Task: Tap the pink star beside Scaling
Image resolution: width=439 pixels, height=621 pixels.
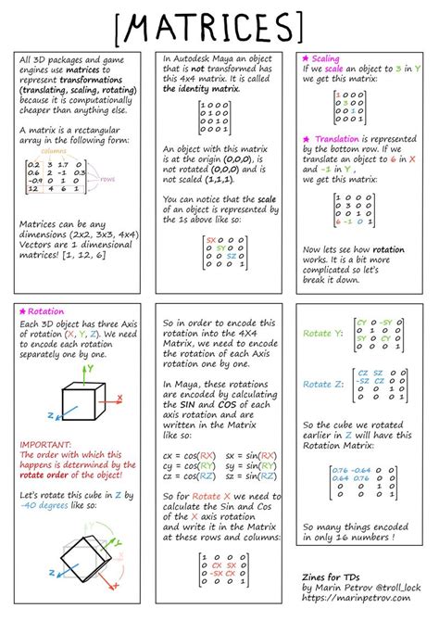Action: click(306, 58)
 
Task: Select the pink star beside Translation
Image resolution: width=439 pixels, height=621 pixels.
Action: click(306, 138)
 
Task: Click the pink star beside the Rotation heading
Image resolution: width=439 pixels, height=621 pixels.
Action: click(22, 312)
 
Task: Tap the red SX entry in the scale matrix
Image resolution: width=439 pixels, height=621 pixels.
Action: click(210, 239)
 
